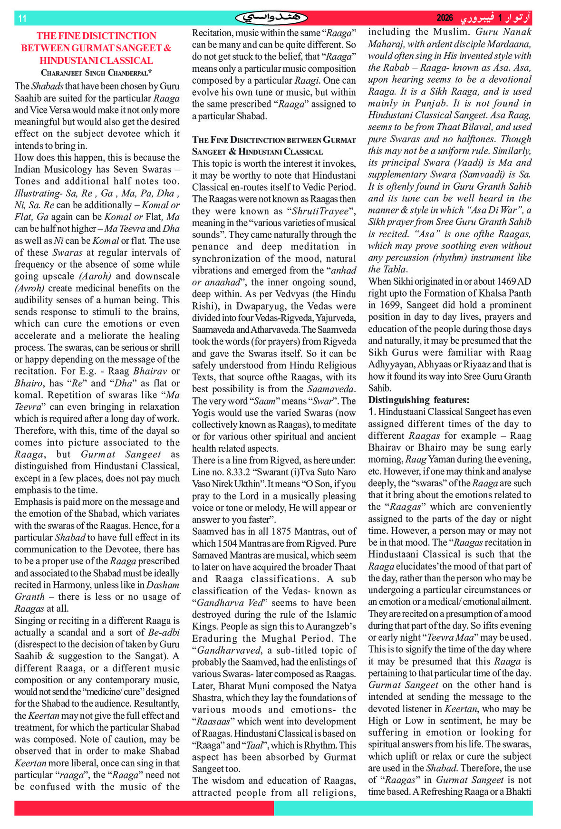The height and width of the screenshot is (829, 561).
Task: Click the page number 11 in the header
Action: point(22,19)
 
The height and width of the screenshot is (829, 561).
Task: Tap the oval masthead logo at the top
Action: point(271,18)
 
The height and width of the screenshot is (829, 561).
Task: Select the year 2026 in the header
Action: point(445,18)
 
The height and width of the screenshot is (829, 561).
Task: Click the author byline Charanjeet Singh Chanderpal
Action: point(97,73)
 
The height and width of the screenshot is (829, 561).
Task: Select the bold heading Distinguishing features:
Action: point(418,400)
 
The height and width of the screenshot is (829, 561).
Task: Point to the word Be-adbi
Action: point(164,633)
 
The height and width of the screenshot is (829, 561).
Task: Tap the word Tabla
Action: point(395,270)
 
